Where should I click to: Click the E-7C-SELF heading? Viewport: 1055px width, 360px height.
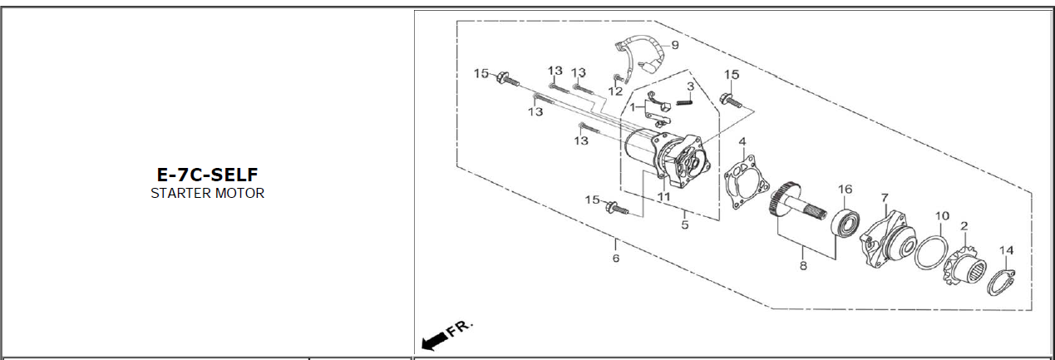(207, 175)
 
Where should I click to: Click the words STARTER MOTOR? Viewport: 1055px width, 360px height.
(207, 193)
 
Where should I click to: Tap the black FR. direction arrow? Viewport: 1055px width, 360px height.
(434, 342)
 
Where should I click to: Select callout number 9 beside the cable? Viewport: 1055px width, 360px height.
(675, 45)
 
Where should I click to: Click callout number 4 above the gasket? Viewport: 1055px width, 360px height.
(742, 141)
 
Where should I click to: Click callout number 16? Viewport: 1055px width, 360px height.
(845, 189)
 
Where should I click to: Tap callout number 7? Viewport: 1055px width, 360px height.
(885, 198)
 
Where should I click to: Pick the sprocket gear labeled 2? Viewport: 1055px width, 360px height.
(964, 266)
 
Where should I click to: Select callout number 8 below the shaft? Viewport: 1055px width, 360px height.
(803, 266)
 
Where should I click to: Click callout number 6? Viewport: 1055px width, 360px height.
(615, 259)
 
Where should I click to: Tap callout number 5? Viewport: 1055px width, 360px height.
(685, 225)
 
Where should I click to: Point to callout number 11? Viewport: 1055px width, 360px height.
(663, 196)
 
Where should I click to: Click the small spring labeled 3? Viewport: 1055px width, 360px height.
(686, 101)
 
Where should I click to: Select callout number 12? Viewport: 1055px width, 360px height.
(615, 91)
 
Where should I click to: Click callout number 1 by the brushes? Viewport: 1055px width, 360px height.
(633, 107)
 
